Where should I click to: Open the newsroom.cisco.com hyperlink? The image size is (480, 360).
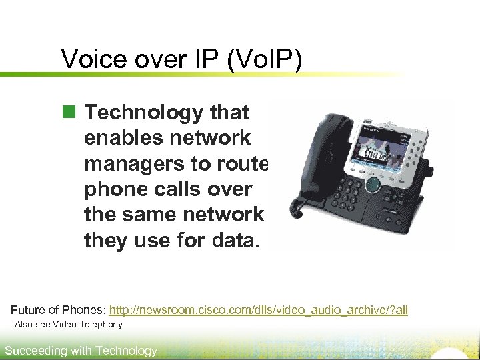[258, 310]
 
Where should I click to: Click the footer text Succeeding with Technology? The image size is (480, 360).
[81, 351]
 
